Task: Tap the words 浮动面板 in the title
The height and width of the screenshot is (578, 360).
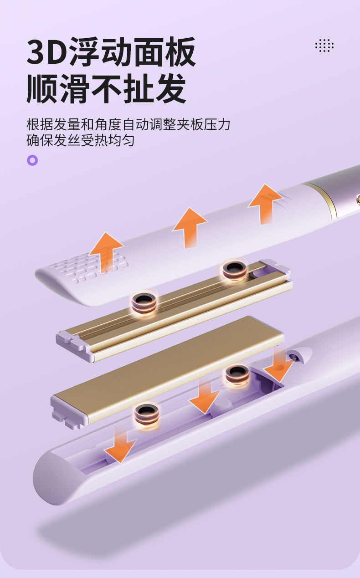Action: [x=132, y=52]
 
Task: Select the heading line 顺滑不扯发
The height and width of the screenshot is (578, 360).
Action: [x=107, y=88]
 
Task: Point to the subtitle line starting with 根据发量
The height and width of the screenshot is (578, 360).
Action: [x=128, y=124]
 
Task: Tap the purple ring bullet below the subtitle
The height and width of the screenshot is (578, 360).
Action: [x=32, y=160]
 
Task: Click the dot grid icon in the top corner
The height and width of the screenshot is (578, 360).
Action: [x=324, y=46]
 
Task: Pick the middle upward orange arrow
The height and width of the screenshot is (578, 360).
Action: [x=190, y=227]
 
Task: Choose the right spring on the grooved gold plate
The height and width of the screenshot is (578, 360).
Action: [x=235, y=271]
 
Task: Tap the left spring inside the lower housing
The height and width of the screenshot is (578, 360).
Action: [x=147, y=415]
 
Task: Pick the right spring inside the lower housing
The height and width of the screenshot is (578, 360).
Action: [x=237, y=374]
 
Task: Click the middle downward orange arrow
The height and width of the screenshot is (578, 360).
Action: [x=205, y=396]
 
